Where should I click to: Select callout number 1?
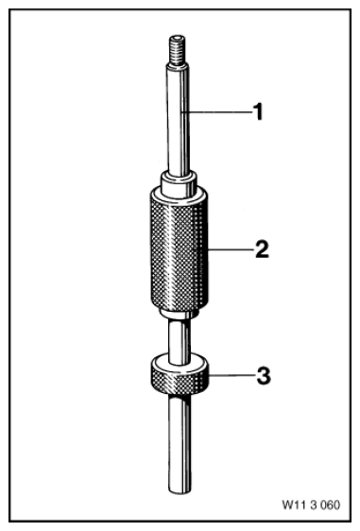[258, 111]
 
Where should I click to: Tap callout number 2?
[262, 249]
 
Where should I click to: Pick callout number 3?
[264, 375]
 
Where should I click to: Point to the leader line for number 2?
[231, 250]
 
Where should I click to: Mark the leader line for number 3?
[231, 375]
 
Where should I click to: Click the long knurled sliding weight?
[179, 248]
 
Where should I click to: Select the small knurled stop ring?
[180, 375]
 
